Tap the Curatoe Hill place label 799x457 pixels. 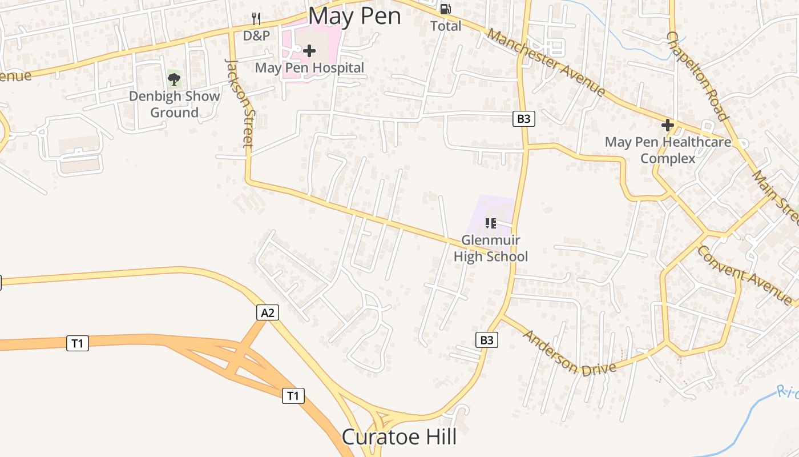399,437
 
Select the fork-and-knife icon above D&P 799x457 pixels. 256,19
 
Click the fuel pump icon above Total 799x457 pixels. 445,9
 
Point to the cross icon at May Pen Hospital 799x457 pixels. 309,51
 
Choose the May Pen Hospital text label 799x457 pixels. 309,68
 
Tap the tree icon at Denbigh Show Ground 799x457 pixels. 174,79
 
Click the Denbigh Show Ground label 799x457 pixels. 174,104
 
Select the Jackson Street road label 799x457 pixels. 240,103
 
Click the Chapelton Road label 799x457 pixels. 697,76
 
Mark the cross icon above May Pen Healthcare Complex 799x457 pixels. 667,125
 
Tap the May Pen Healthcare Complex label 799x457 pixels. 668,150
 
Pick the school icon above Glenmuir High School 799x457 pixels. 490,223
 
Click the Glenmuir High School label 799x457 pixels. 491,248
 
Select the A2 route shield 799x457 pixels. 268,312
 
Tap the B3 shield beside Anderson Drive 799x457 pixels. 486,340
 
